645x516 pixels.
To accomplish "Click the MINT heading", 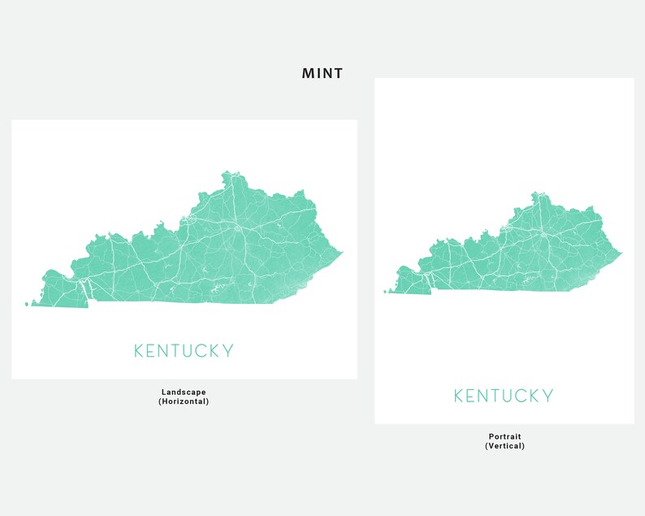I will (x=322, y=74).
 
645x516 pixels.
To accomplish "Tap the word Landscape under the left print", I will (x=184, y=392).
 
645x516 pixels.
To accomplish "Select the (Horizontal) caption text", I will (x=184, y=401).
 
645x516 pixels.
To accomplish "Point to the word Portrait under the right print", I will (x=504, y=436).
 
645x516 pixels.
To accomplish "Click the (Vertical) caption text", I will (x=504, y=446).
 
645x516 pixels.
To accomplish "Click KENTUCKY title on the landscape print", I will (x=184, y=351).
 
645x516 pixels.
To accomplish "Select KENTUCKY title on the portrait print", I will (x=504, y=396).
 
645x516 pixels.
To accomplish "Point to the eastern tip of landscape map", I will (x=342, y=252).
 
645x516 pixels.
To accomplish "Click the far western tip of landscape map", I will (x=27, y=305).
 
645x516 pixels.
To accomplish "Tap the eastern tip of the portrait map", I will (x=622, y=252).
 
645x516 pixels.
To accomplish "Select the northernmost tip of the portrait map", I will (x=535, y=193).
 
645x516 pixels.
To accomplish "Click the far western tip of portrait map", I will (x=387, y=291).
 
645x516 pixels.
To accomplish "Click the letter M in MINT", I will (x=308, y=74).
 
